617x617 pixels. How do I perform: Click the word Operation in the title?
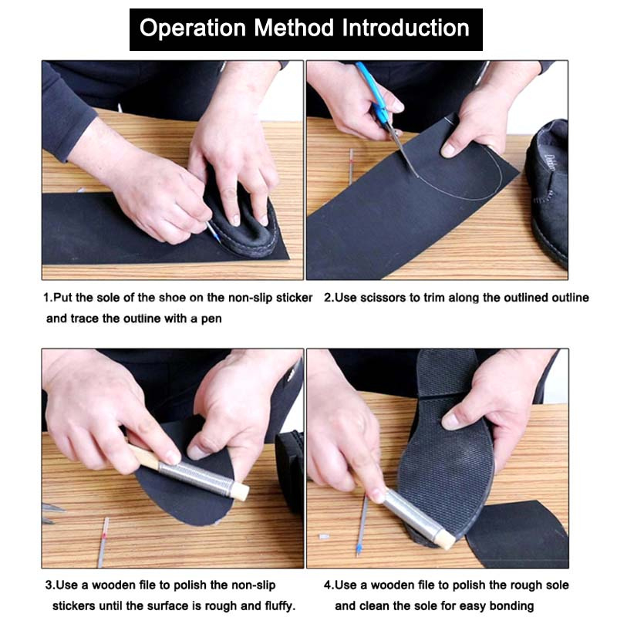click(193, 29)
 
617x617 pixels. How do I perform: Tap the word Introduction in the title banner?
click(406, 28)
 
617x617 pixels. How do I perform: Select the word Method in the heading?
click(294, 28)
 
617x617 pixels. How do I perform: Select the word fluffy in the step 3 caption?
click(279, 606)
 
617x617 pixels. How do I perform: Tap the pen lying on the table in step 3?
click(103, 542)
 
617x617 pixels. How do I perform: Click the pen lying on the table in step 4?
click(362, 524)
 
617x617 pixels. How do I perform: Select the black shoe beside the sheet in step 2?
click(548, 193)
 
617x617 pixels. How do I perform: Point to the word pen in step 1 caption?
click(211, 319)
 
